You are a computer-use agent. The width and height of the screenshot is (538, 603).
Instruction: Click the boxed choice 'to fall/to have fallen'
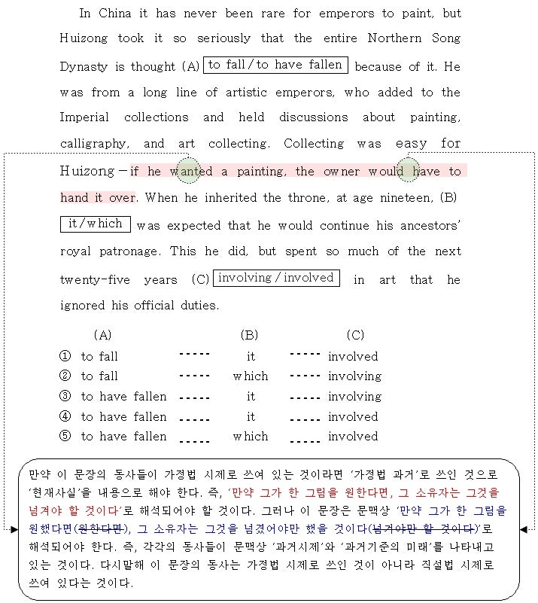(275, 65)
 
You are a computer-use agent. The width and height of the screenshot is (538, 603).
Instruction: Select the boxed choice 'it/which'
(96, 224)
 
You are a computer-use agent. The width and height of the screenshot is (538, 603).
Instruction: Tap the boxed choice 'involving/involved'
(276, 279)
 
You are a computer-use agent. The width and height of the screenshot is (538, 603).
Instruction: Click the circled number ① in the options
(65, 356)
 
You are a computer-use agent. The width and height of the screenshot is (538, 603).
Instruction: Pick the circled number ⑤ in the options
(65, 436)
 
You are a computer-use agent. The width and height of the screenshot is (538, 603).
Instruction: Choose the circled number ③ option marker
(65, 396)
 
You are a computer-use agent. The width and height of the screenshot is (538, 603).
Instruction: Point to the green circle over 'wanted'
(188, 170)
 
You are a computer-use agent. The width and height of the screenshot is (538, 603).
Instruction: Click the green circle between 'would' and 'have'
(408, 170)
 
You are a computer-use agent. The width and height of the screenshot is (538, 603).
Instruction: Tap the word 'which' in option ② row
(250, 376)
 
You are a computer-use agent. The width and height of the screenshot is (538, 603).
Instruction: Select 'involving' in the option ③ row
(354, 396)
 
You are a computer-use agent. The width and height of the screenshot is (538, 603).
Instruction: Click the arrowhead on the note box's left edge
(15, 529)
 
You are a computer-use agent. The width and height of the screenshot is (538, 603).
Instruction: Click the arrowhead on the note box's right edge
(524, 529)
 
